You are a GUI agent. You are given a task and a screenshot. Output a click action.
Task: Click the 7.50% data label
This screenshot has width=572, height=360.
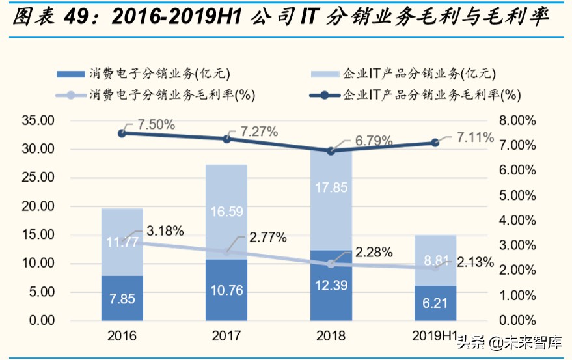pyautogui.click(x=154, y=124)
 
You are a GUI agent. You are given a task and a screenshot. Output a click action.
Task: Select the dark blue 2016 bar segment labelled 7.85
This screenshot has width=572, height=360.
pyautogui.click(x=122, y=298)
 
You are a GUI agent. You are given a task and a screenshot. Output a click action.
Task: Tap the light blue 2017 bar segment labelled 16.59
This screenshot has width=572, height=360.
pyautogui.click(x=226, y=212)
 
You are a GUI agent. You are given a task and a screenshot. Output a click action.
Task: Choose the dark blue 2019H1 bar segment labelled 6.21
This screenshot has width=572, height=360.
pyautogui.click(x=435, y=303)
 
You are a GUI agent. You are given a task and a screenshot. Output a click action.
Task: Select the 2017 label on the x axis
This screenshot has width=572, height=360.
pyautogui.click(x=226, y=337)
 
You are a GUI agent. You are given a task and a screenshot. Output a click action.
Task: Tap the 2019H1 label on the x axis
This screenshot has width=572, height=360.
pyautogui.click(x=435, y=337)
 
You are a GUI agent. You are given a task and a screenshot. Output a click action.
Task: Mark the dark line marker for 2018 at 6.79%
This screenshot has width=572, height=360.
pyautogui.click(x=331, y=150)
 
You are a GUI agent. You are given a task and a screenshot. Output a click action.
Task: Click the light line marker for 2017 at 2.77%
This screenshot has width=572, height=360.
pyautogui.click(x=226, y=252)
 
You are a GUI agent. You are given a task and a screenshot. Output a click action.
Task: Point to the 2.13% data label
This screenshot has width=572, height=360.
pyautogui.click(x=474, y=262)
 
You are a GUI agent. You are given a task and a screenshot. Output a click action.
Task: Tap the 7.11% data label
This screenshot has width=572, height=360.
pyautogui.click(x=474, y=137)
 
